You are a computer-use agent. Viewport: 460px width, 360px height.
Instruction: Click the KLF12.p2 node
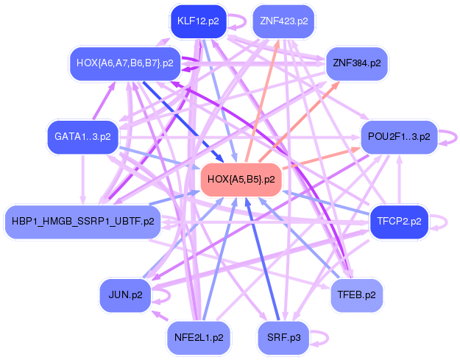198,21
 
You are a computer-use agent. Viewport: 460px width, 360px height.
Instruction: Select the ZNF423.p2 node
283,21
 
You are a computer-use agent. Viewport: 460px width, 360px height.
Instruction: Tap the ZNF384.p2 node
356,63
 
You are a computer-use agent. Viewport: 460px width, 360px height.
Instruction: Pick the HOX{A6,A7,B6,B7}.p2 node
124,63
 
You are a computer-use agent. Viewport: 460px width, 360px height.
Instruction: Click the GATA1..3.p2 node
82,136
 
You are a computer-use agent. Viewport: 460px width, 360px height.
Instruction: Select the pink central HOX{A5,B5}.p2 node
241,179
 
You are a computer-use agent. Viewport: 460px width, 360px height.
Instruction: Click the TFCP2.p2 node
399,221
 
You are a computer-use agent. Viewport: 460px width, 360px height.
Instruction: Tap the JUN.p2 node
125,294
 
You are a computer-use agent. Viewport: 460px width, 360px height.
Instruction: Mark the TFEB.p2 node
356,294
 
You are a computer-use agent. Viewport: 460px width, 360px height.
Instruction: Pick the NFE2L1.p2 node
198,337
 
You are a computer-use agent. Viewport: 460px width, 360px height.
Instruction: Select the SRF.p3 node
283,337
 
